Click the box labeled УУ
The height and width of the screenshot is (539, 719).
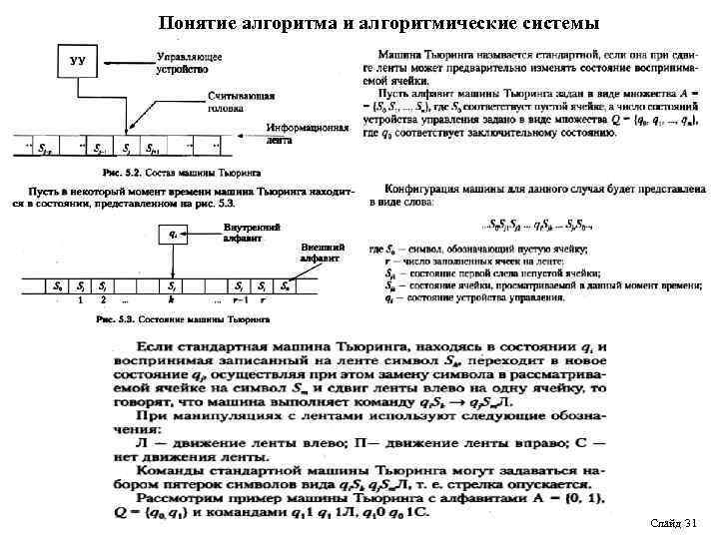click(x=77, y=62)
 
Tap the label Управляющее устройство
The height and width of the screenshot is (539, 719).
click(x=190, y=63)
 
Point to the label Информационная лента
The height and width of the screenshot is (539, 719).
click(x=310, y=134)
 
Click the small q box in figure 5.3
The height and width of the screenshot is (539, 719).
click(x=175, y=236)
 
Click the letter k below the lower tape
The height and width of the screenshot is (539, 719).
click(x=172, y=298)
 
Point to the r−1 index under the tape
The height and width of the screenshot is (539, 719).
click(x=238, y=298)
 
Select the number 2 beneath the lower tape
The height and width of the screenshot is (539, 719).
click(x=102, y=298)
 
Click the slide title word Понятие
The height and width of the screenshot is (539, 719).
click(x=196, y=21)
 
